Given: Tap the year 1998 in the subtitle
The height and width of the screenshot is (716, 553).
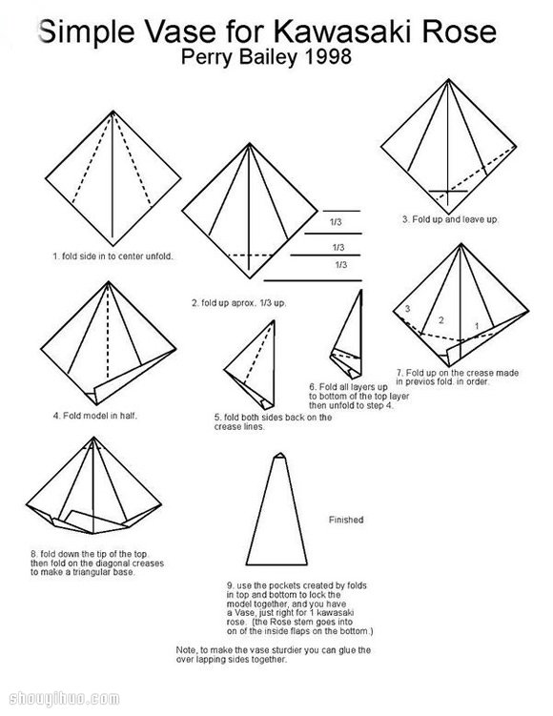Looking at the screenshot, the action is (x=326, y=57).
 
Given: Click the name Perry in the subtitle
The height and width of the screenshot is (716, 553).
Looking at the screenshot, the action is (x=208, y=58).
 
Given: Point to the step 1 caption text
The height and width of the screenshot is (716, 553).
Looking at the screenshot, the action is (x=113, y=256).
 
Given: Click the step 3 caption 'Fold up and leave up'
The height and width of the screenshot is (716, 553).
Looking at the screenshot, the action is (x=450, y=219).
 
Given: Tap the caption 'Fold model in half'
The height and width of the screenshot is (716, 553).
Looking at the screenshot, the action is (x=95, y=416).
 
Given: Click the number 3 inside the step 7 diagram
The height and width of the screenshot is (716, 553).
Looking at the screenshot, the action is (x=407, y=309).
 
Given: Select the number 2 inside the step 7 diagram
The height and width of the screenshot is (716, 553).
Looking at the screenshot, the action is (x=441, y=320).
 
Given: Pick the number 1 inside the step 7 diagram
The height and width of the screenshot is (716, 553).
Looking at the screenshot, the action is (x=477, y=326).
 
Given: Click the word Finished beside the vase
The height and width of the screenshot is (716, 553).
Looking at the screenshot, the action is (x=346, y=520).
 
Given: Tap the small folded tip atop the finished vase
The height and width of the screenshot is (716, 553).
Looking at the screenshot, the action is (x=279, y=456).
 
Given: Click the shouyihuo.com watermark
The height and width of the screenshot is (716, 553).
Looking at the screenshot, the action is (x=64, y=699).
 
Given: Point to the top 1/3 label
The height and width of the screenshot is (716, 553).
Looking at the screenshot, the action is (x=336, y=222).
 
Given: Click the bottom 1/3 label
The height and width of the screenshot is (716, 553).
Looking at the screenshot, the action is (x=341, y=265).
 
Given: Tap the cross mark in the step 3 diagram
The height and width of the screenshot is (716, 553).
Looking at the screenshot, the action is (x=448, y=191).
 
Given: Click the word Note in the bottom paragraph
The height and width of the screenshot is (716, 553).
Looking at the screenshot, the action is (x=186, y=650).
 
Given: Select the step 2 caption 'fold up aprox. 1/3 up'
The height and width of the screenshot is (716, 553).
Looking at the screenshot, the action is (x=238, y=303).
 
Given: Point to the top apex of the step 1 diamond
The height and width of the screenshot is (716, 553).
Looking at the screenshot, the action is (x=113, y=111).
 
